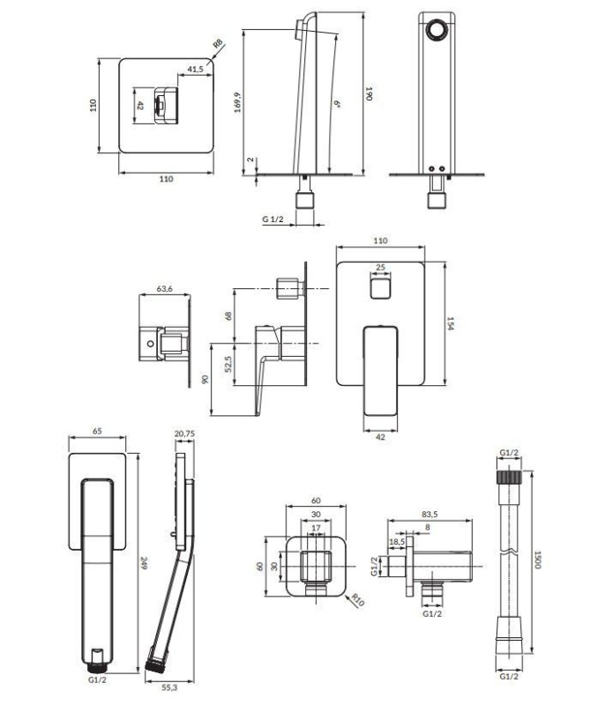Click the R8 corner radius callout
tap(218, 44)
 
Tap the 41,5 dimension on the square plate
tap(195, 69)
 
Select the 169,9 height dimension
tap(237, 102)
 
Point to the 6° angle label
tap(337, 104)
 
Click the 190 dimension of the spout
tap(369, 93)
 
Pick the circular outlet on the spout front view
tap(437, 31)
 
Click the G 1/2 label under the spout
tap(273, 219)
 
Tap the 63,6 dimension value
tap(164, 289)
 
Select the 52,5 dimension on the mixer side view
tap(228, 364)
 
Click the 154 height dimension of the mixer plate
tap(451, 323)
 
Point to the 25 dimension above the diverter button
tap(380, 267)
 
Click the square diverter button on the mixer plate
tap(381, 287)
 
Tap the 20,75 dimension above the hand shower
tap(184, 434)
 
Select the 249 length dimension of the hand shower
tap(144, 563)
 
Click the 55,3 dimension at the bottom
tap(168, 687)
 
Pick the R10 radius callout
tap(358, 600)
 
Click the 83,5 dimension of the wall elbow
tap(429, 515)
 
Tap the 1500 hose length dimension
tap(536, 560)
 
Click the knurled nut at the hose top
tap(509, 477)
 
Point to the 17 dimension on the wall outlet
tap(316, 528)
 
